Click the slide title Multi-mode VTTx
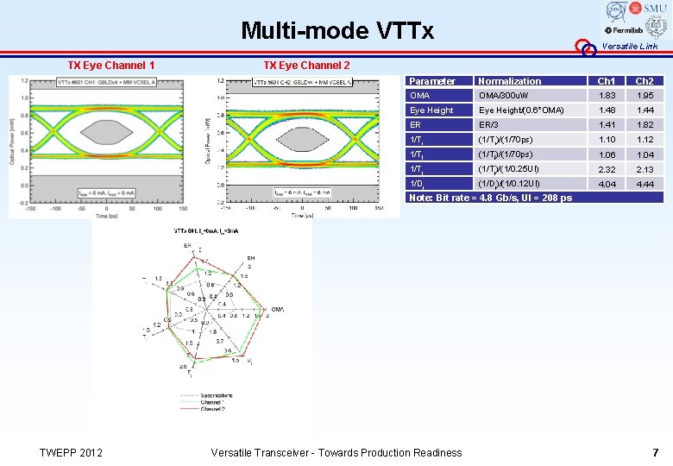click(337, 32)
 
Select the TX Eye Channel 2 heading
click(306, 66)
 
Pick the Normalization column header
click(510, 81)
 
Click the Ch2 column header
click(645, 81)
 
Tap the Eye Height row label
click(431, 110)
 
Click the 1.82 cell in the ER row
click(645, 125)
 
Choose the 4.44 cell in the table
click(645, 184)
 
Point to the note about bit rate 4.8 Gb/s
click(490, 198)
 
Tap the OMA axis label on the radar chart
click(278, 310)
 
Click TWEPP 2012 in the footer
click(72, 452)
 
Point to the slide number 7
click(655, 452)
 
